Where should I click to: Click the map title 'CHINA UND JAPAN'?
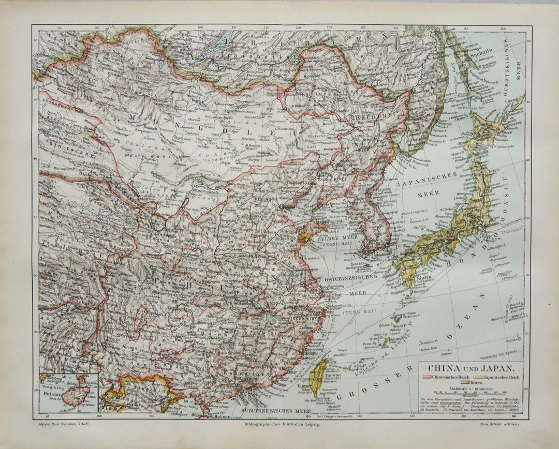click(469, 369)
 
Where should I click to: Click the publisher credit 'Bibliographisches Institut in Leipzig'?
click(279, 424)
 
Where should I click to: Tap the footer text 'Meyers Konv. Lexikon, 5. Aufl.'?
click(62, 424)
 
